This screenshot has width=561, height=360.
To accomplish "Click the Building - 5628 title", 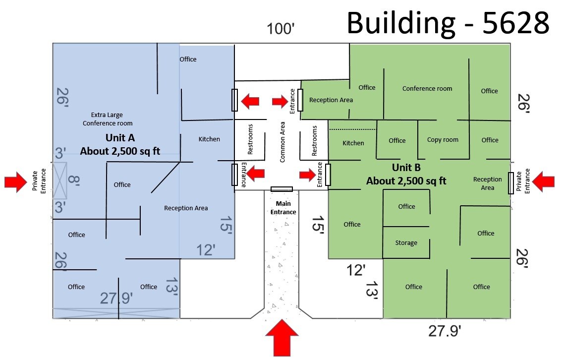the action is point(448,22).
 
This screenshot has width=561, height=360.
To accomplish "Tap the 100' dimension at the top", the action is point(281,29).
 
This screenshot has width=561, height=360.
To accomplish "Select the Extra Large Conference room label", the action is point(108,119).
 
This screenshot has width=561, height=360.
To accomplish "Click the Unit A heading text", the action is point(120,138).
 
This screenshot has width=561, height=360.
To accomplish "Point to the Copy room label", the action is point(443,139).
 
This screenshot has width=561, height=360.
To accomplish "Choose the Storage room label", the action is point(406,242).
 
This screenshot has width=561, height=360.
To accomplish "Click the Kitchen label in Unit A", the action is point(209,139).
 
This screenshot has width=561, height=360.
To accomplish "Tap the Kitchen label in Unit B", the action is point(353,143).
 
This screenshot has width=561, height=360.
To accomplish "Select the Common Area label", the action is point(282,142).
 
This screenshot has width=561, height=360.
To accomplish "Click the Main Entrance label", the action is point(283,208).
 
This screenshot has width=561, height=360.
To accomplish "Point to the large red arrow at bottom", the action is point(282,338).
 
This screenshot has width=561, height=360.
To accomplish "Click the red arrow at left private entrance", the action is point(16,182).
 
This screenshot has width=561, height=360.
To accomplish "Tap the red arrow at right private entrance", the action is point(543,182).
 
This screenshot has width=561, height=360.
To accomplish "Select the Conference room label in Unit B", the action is point(427,88).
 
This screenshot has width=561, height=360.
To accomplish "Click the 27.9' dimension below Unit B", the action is point(445,331).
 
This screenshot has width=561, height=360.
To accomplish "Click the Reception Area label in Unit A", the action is point(186,208).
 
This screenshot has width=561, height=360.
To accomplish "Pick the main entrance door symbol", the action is point(281,189).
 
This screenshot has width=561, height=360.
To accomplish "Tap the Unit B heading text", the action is point(406,168).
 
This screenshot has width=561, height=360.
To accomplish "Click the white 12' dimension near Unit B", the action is point(356,270).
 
